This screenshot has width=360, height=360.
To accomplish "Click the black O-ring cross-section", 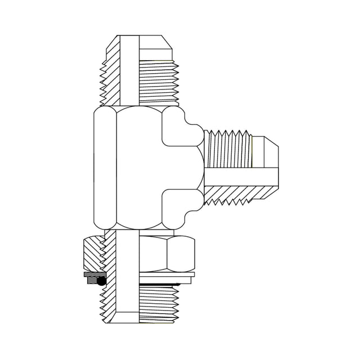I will pos(101,280).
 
